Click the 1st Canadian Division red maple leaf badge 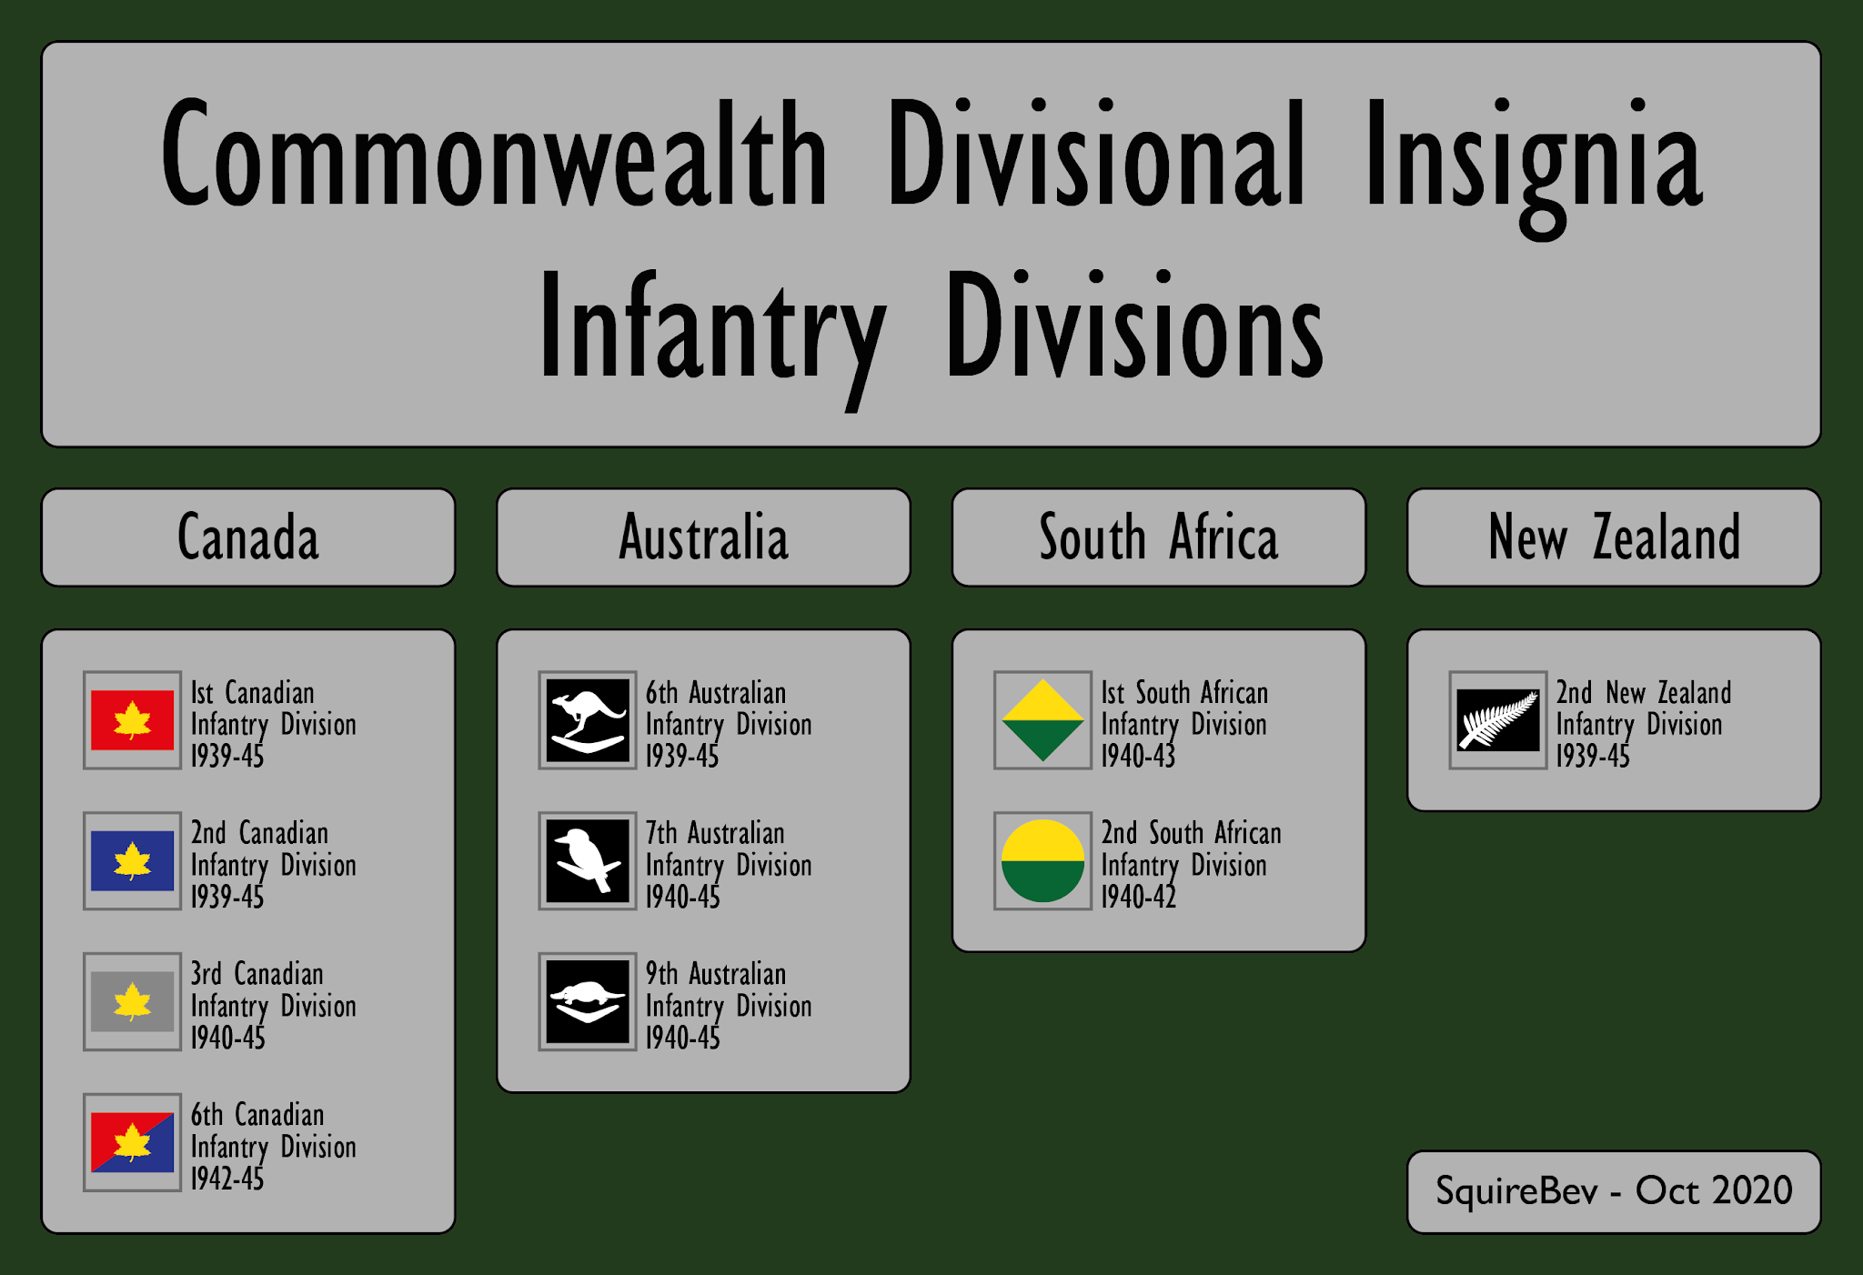(x=132, y=720)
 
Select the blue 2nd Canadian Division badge (x=132, y=860)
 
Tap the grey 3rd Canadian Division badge (x=132, y=1001)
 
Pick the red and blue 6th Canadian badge (x=132, y=1142)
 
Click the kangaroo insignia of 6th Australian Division (x=587, y=720)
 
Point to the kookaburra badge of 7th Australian (x=587, y=860)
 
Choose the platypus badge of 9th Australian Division (x=587, y=1001)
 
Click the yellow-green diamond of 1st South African (x=1042, y=720)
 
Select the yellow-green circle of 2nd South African (x=1042, y=860)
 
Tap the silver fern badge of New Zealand (x=1497, y=720)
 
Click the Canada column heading (x=247, y=537)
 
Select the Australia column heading (x=703, y=537)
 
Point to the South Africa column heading (x=1158, y=537)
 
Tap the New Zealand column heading (x=1614, y=537)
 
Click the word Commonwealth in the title (x=494, y=155)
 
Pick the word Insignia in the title (x=1533, y=159)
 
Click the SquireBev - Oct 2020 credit (x=1614, y=1191)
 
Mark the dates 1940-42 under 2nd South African (x=1138, y=898)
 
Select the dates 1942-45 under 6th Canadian (x=227, y=1180)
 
